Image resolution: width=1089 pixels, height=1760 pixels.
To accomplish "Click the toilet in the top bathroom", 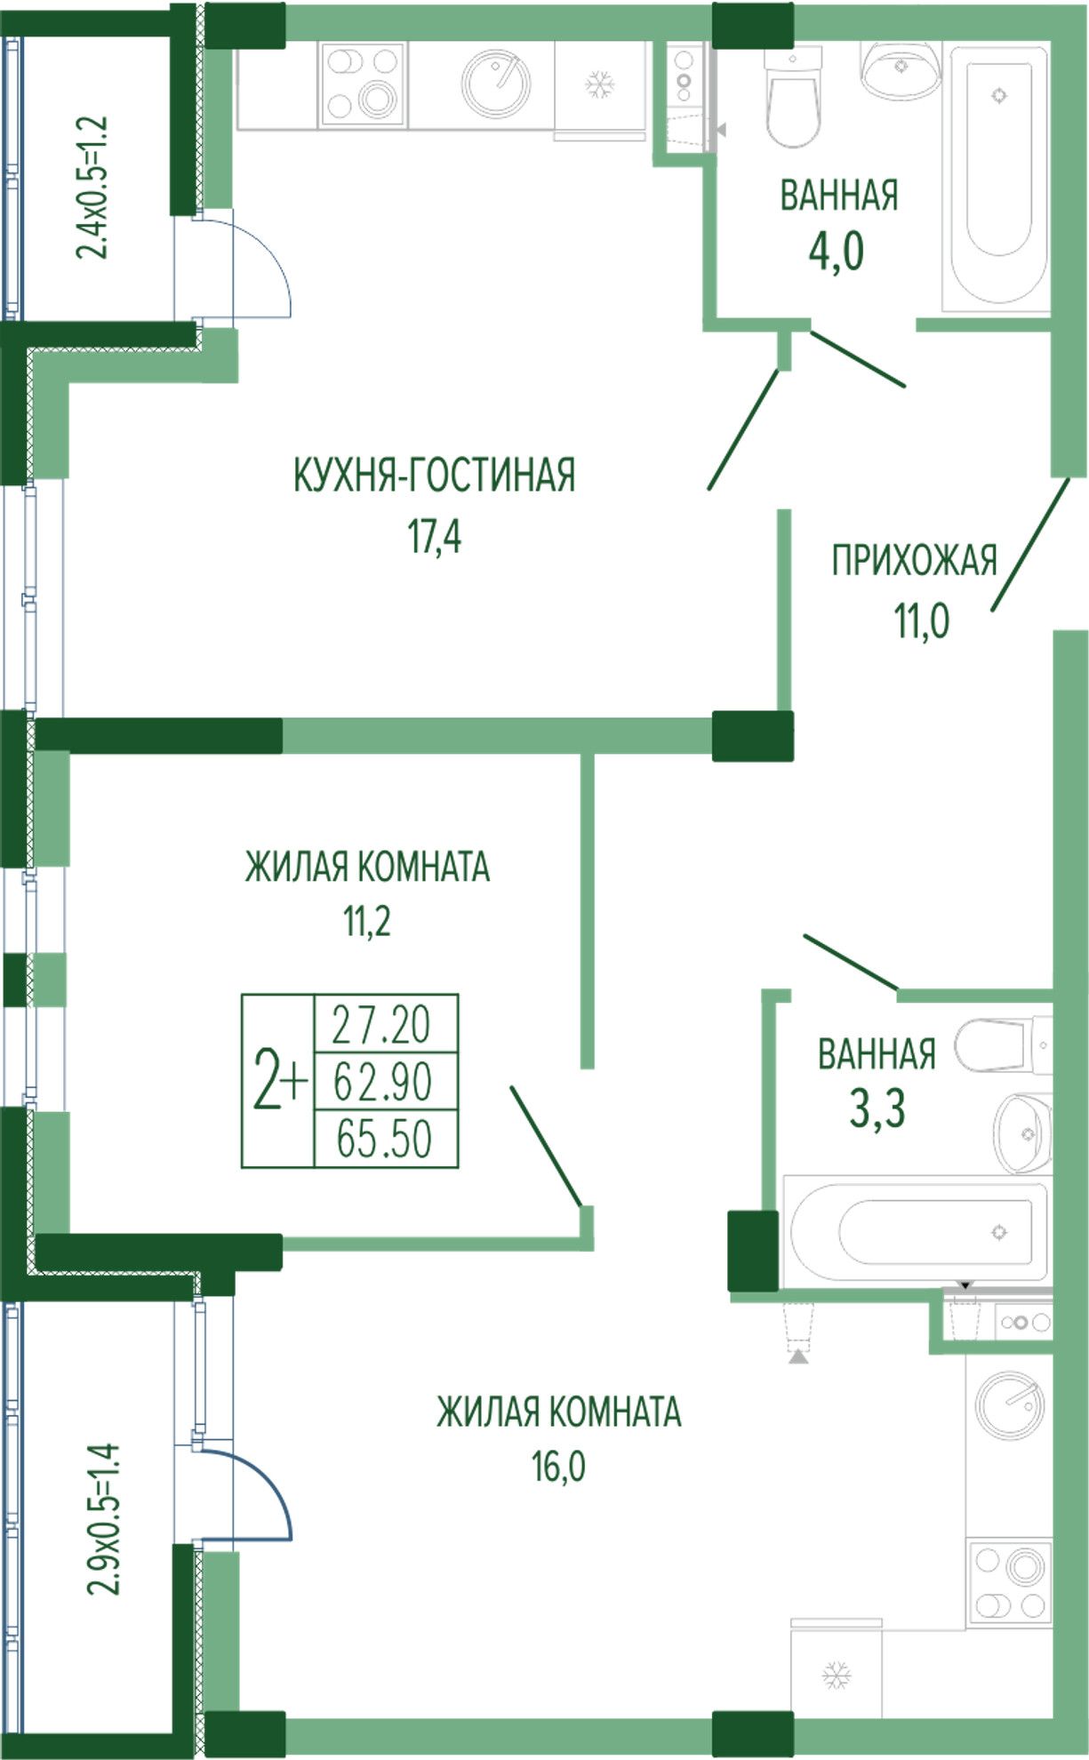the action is click(x=793, y=98).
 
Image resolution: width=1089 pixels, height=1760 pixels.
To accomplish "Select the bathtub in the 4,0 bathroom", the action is click(x=999, y=178).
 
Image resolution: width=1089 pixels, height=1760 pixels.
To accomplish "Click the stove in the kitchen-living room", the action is click(x=362, y=84).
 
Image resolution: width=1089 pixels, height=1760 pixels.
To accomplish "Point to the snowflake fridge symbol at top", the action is click(x=601, y=85).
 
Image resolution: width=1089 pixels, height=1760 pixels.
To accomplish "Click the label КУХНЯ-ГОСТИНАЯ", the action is click(x=434, y=476).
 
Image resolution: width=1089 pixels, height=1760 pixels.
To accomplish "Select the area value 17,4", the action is click(x=435, y=537).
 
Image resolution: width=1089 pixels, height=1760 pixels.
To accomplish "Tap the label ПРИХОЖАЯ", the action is click(x=914, y=561).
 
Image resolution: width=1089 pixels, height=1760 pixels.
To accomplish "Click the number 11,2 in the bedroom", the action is click(x=367, y=922).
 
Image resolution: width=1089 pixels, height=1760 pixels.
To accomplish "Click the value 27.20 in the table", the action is click(x=381, y=1025).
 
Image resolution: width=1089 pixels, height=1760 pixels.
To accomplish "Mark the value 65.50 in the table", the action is click(x=384, y=1139).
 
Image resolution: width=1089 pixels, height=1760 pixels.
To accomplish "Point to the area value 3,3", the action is click(x=877, y=1108).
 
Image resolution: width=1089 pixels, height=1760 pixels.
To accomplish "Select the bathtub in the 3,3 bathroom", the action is click(x=917, y=1231).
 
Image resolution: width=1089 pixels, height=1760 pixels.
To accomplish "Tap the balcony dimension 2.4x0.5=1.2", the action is click(x=92, y=187).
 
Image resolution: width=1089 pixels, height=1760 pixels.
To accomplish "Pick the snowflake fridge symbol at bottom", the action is click(x=836, y=1675).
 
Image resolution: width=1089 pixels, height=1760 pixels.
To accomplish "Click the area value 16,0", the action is click(x=559, y=1467).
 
